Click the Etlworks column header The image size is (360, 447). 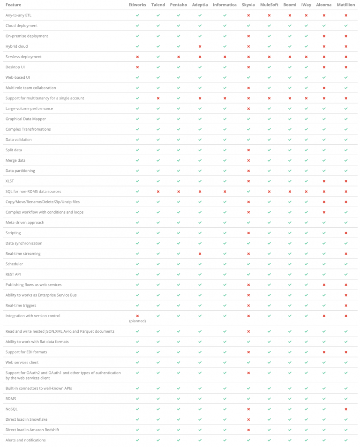pyautogui.click(x=137, y=5)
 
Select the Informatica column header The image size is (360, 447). pyautogui.click(x=225, y=5)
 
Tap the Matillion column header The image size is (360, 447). pyautogui.click(x=346, y=5)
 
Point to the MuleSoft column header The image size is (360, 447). pyautogui.click(x=269, y=5)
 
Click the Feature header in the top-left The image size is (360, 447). pyautogui.click(x=13, y=5)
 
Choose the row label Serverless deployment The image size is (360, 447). pyautogui.click(x=23, y=57)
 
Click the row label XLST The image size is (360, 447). pyautogui.click(x=10, y=181)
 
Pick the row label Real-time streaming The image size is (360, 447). pyautogui.click(x=23, y=253)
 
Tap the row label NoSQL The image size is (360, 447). pyautogui.click(x=12, y=409)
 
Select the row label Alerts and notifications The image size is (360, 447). pyautogui.click(x=25, y=440)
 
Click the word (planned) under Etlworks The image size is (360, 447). pyautogui.click(x=137, y=321)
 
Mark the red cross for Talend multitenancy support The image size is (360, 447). pyautogui.click(x=158, y=98)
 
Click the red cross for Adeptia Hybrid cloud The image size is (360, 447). pyautogui.click(x=200, y=46)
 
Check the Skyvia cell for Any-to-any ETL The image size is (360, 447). pyautogui.click(x=248, y=15)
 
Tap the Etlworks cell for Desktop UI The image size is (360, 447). pyautogui.click(x=137, y=67)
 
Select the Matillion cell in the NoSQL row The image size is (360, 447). pyautogui.click(x=346, y=409)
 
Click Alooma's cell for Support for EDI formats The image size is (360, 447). pyautogui.click(x=324, y=352)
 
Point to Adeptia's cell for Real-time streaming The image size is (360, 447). pyautogui.click(x=200, y=253)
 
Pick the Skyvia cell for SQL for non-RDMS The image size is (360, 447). pyautogui.click(x=248, y=191)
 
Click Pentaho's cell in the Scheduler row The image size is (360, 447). pyautogui.click(x=179, y=264)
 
